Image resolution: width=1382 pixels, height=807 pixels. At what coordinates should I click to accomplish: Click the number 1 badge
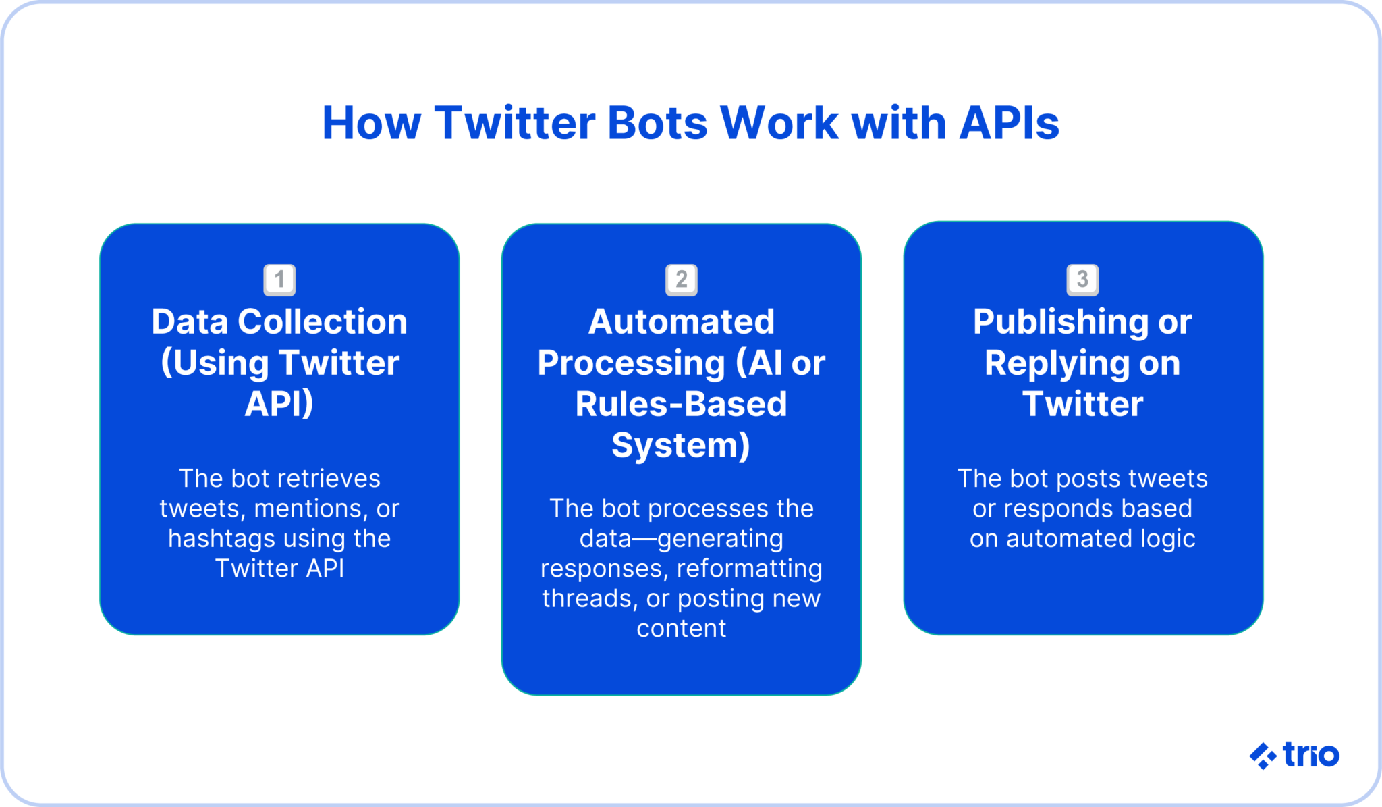(x=279, y=280)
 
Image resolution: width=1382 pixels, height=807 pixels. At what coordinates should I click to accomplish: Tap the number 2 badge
(x=681, y=280)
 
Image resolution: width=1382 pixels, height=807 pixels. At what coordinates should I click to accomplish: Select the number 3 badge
(x=1082, y=280)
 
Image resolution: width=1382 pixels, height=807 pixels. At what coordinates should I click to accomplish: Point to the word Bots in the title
(x=657, y=124)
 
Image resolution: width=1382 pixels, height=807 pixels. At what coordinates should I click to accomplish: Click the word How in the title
(x=371, y=124)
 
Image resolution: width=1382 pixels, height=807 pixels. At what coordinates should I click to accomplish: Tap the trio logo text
(x=1310, y=755)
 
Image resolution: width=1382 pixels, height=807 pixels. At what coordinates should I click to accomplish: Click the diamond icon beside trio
(x=1262, y=756)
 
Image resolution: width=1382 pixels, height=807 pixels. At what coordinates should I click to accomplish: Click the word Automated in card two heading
(x=681, y=321)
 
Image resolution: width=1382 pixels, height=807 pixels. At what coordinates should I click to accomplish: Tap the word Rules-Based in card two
(x=681, y=405)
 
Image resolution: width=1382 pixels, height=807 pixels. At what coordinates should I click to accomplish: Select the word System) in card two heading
(x=681, y=446)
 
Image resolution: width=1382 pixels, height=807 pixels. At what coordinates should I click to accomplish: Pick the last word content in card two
(x=681, y=629)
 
